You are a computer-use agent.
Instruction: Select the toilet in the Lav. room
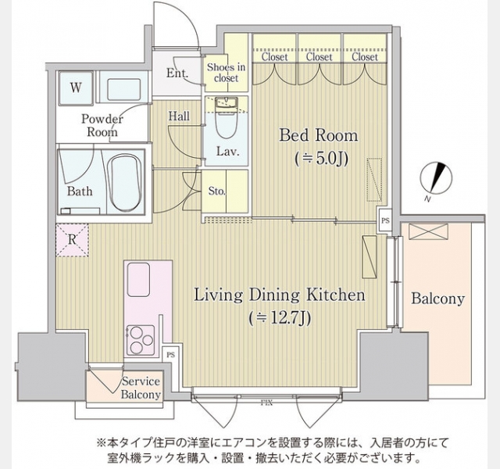pyautogui.click(x=226, y=118)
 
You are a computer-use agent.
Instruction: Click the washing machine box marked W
pyautogui.click(x=76, y=88)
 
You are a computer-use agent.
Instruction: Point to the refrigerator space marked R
pyautogui.click(x=73, y=240)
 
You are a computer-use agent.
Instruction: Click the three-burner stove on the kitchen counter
pyautogui.click(x=141, y=340)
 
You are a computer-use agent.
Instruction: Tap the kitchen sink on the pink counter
pyautogui.click(x=138, y=280)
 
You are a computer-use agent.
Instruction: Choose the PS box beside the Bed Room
pyautogui.click(x=385, y=220)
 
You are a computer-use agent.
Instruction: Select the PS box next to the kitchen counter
pyautogui.click(x=171, y=354)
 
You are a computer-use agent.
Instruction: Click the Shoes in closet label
pyautogui.click(x=226, y=73)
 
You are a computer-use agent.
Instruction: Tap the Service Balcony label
pyautogui.click(x=141, y=388)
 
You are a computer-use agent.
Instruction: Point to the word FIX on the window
pyautogui.click(x=266, y=403)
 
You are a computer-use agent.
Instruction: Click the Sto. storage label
pyautogui.click(x=217, y=191)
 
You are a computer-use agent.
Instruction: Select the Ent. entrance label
pyautogui.click(x=177, y=73)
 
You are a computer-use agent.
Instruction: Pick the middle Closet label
pyautogui.click(x=320, y=57)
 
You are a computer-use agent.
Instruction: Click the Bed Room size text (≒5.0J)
pyautogui.click(x=321, y=158)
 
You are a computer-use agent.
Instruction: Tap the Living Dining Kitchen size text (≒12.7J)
pyautogui.click(x=280, y=317)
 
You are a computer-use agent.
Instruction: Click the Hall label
pyautogui.click(x=179, y=116)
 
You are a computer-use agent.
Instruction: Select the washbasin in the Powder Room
pyautogui.click(x=123, y=87)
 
